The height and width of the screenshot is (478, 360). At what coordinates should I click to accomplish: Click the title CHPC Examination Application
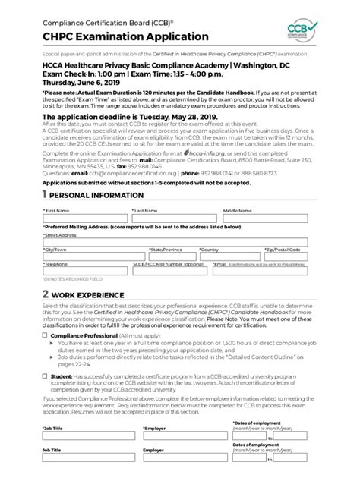click(x=115, y=36)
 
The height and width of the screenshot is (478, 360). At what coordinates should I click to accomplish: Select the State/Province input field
click(x=172, y=256)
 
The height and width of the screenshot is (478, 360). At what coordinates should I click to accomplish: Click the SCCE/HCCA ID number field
click(x=170, y=272)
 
